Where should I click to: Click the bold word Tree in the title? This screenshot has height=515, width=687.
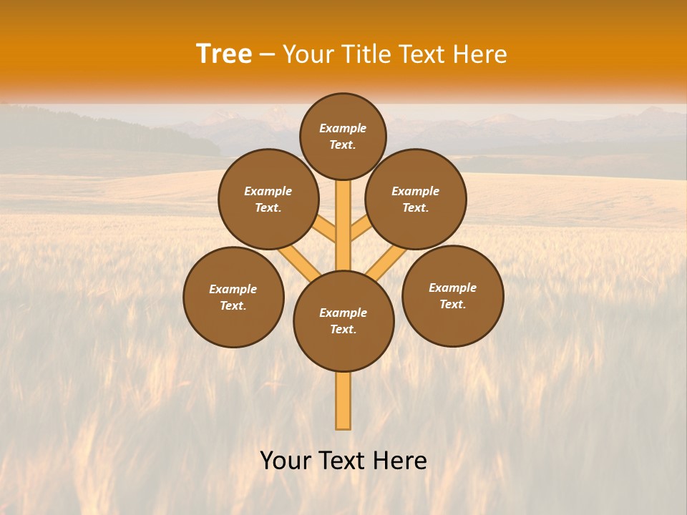click(224, 54)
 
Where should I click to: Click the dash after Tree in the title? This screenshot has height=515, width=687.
click(268, 55)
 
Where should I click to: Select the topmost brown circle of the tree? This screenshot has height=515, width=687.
click(343, 136)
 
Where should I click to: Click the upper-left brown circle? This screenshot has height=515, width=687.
click(268, 199)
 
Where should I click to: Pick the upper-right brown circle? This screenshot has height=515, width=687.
click(416, 199)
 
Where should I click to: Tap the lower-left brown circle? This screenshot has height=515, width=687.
click(233, 297)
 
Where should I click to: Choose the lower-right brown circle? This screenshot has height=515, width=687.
click(453, 295)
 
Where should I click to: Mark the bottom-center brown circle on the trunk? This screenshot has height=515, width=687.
click(343, 320)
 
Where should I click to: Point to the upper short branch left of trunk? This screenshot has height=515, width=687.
click(326, 230)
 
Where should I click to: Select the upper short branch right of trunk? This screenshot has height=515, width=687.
click(360, 230)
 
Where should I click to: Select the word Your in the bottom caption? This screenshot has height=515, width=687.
click(285, 461)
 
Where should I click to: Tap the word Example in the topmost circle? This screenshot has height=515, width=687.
click(343, 129)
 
